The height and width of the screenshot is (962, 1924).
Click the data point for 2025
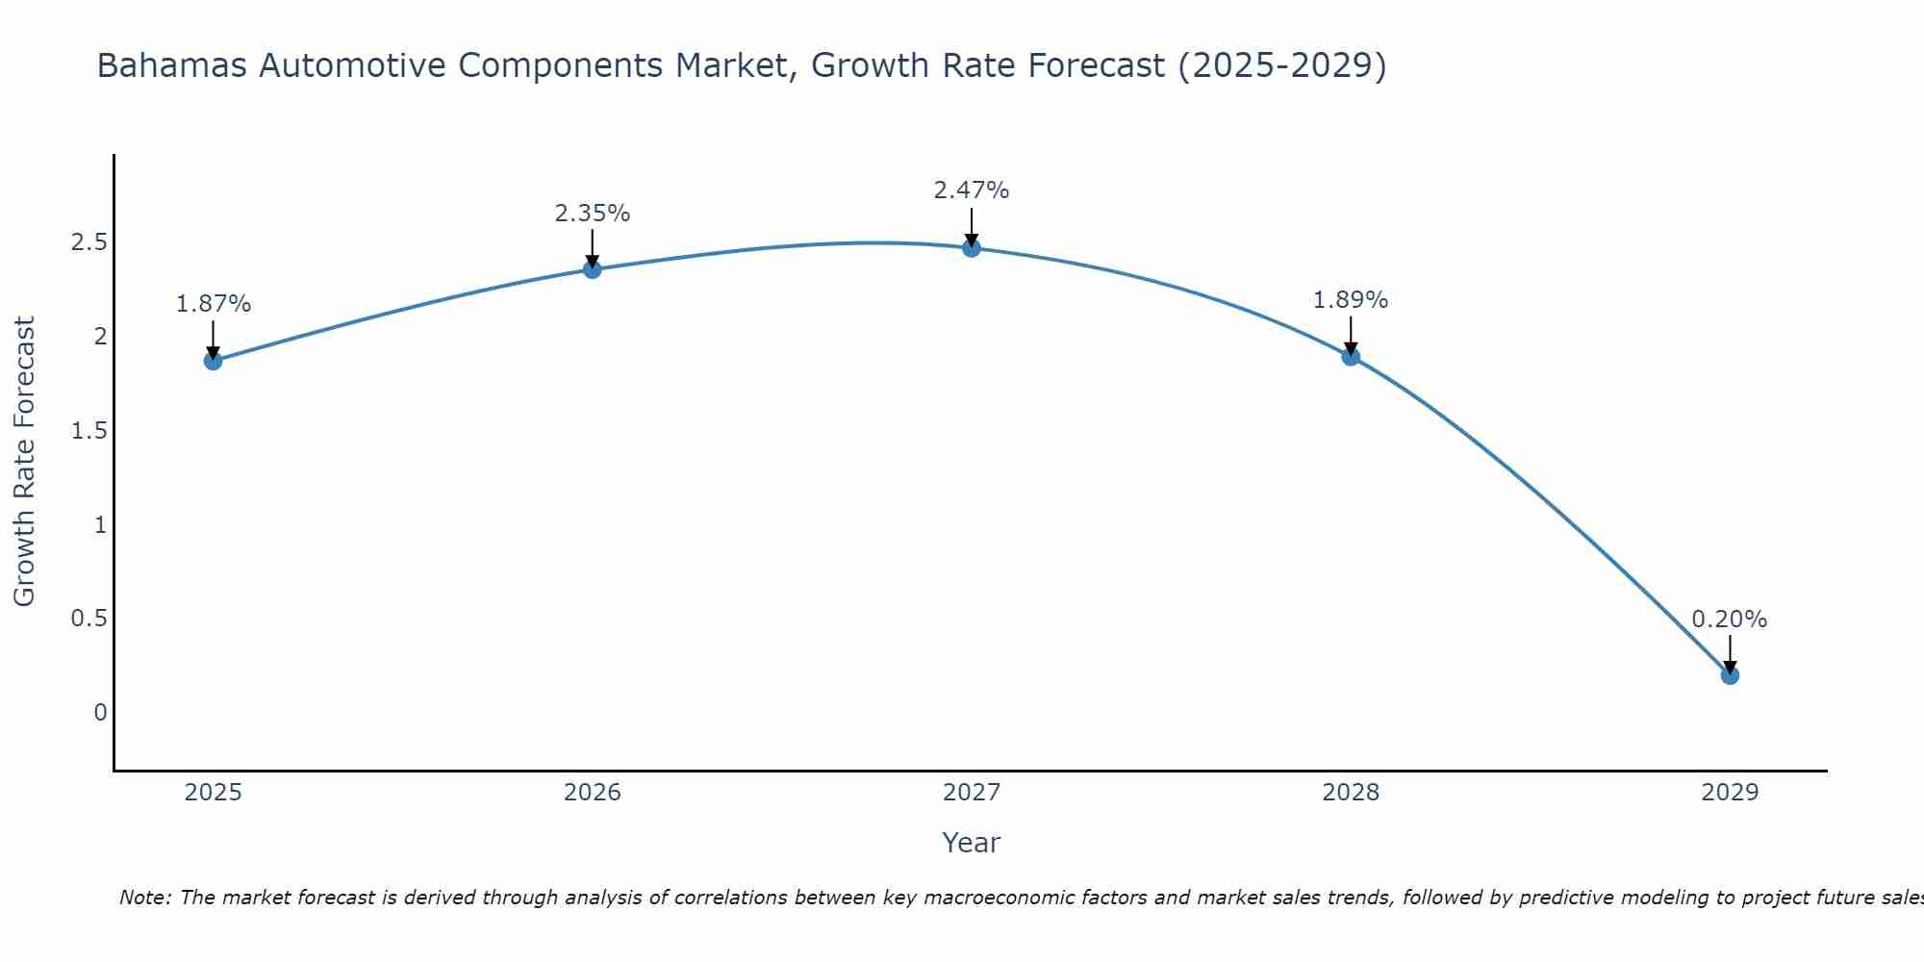(x=213, y=361)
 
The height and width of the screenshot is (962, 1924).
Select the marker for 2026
(x=593, y=269)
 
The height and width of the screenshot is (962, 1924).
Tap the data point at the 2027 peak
(x=972, y=248)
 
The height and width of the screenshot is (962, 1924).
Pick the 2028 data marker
(x=1351, y=357)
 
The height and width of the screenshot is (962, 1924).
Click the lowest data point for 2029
(x=1730, y=675)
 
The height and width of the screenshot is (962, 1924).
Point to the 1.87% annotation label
(x=213, y=304)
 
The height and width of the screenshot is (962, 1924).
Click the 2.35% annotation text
(x=593, y=214)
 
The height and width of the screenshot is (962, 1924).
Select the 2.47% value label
(x=972, y=190)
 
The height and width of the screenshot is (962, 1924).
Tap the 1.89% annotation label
(x=1351, y=300)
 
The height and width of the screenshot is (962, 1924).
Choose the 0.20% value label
(x=1730, y=620)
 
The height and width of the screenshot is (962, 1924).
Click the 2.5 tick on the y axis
(x=89, y=242)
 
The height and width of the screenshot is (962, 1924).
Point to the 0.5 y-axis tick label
(x=89, y=619)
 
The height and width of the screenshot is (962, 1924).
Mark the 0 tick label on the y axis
(x=100, y=713)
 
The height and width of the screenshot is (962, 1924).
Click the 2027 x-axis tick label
(x=972, y=793)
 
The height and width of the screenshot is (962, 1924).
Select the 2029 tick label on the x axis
(x=1730, y=793)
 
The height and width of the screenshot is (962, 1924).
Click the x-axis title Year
(x=972, y=843)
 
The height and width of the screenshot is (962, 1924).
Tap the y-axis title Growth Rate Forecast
(x=25, y=462)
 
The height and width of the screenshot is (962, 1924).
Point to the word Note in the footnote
(x=144, y=898)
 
